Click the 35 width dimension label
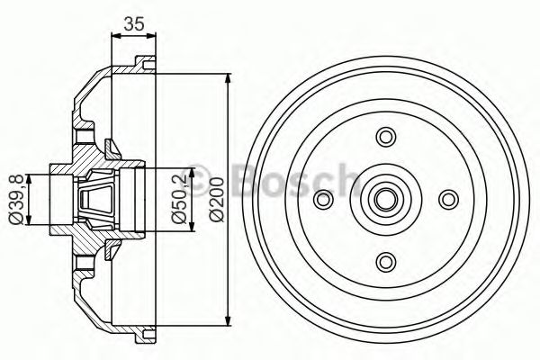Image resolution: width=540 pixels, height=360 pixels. pyautogui.click(x=134, y=23)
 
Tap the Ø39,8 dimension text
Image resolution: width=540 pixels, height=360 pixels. pyautogui.click(x=16, y=200)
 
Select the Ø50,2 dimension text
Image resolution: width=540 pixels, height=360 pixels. pyautogui.click(x=179, y=200)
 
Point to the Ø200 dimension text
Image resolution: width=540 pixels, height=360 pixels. pyautogui.click(x=217, y=200)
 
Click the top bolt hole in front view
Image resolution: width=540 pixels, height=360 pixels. pyautogui.click(x=386, y=137)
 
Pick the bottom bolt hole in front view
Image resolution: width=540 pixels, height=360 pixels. pyautogui.click(x=386, y=262)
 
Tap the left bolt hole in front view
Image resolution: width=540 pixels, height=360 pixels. pyautogui.click(x=324, y=199)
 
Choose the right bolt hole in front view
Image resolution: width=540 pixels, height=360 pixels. pyautogui.click(x=448, y=199)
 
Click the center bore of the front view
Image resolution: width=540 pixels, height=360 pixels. pyautogui.click(x=386, y=199)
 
